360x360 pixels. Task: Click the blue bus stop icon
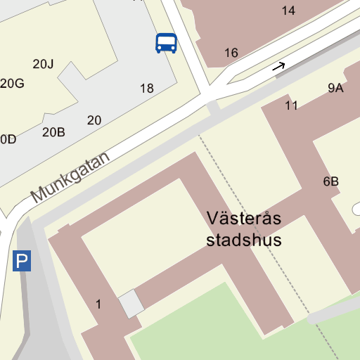[x=166, y=43]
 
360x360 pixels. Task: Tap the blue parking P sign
[x=22, y=262]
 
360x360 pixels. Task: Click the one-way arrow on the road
[x=279, y=67]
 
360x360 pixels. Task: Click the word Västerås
[x=244, y=219]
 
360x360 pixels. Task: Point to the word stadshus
[x=244, y=240]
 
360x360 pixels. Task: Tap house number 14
[x=288, y=11]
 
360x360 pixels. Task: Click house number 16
[x=231, y=53]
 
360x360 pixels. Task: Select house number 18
[x=146, y=89]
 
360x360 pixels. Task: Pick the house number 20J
[x=43, y=64]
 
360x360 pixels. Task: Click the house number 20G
[x=13, y=84]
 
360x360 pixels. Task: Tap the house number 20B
[x=53, y=131]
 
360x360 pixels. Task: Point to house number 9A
[x=335, y=88]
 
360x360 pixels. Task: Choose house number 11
[x=292, y=105]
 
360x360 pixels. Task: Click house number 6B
[x=331, y=181]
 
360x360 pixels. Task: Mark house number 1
[x=98, y=304]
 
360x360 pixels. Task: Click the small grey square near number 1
[x=131, y=304]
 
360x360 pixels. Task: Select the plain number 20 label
[x=94, y=120]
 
